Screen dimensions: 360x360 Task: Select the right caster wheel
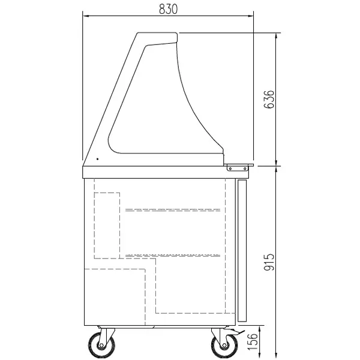click(x=221, y=345)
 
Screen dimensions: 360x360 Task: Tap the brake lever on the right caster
click(x=239, y=331)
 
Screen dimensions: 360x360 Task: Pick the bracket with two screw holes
click(x=240, y=168)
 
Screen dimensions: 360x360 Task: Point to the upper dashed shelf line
click(x=173, y=210)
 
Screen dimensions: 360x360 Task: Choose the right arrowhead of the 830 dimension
click(x=252, y=15)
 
